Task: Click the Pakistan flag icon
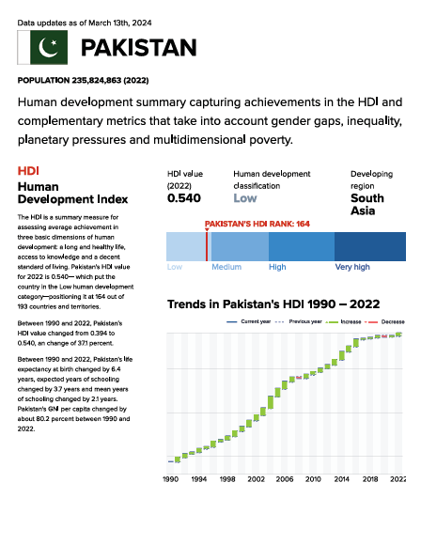pos(42,47)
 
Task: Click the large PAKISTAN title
pos(139,48)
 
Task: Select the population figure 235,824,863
pos(96,80)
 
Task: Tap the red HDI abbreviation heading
pos(28,171)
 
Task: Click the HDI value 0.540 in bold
pos(184,198)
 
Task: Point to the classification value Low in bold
pos(245,198)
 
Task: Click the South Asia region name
pos(367,205)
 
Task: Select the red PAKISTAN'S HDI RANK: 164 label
pos(257,224)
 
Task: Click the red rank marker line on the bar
pos(207,246)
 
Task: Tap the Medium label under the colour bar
pos(226,267)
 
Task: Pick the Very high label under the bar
pos(352,267)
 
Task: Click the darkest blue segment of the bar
pos(370,246)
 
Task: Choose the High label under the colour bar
pos(277,267)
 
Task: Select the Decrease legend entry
pos(384,322)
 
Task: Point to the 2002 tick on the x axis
pos(257,479)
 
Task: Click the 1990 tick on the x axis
pos(171,479)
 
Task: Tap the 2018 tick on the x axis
pos(370,479)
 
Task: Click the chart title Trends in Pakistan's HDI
pos(273,304)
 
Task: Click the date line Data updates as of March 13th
pos(85,23)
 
